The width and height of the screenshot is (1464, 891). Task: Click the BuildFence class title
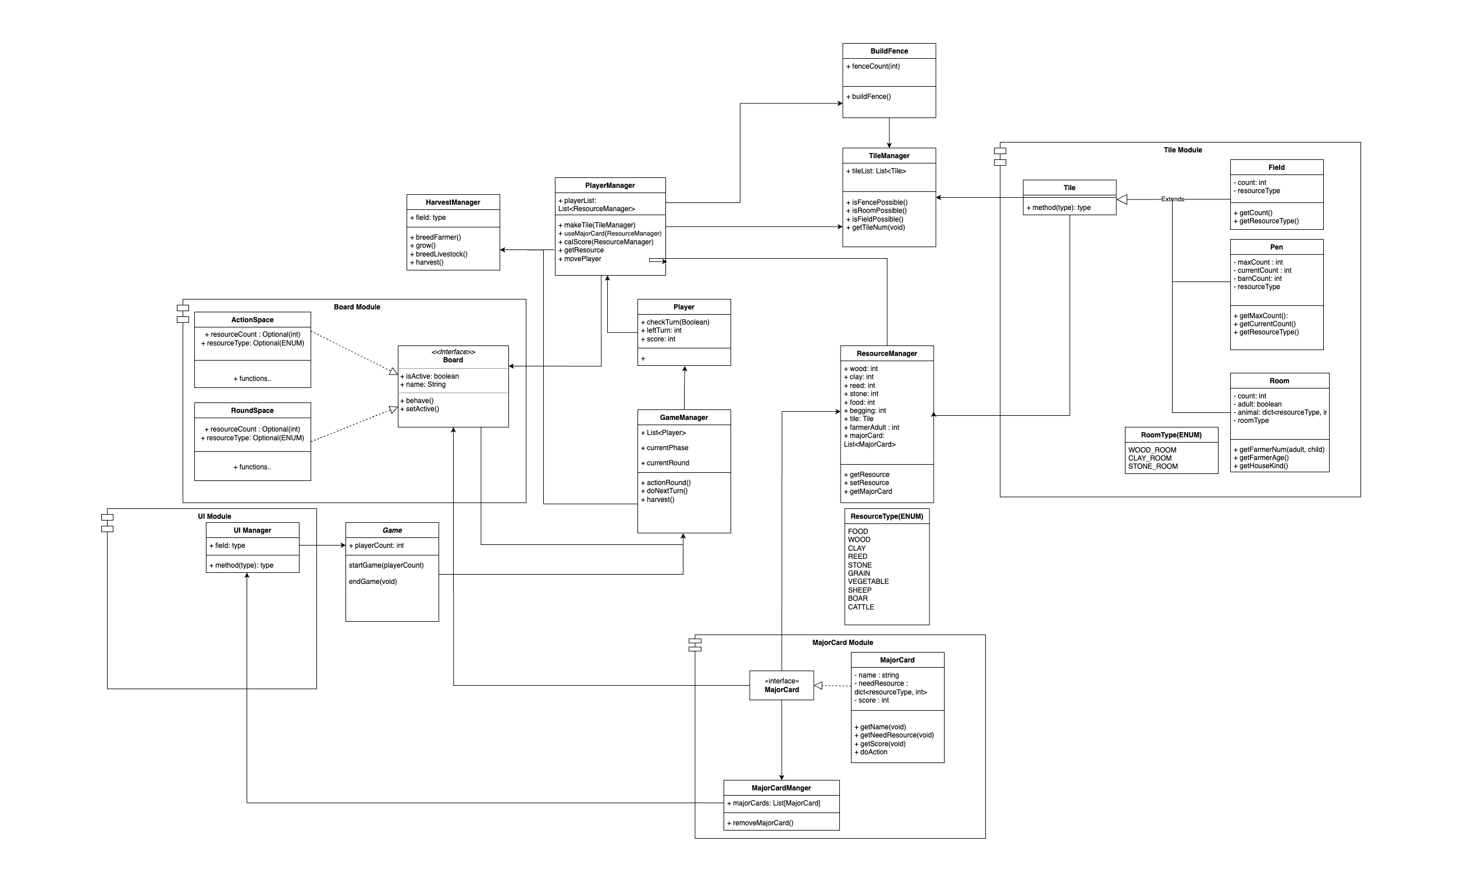click(889, 51)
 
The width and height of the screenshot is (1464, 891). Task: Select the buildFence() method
click(871, 97)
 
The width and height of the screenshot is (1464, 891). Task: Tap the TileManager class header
click(889, 156)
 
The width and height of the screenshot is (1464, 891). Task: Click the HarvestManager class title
click(453, 202)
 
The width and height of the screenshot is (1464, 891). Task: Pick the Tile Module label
click(1182, 150)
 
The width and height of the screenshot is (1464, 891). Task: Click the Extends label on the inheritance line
click(1172, 199)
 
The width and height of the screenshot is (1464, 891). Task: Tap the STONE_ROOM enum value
click(1153, 466)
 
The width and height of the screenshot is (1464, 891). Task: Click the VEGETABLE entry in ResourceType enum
click(868, 582)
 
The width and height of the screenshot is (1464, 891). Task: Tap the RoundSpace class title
click(252, 411)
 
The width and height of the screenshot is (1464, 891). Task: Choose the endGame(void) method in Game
click(372, 582)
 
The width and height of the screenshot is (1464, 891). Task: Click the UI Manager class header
click(252, 530)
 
